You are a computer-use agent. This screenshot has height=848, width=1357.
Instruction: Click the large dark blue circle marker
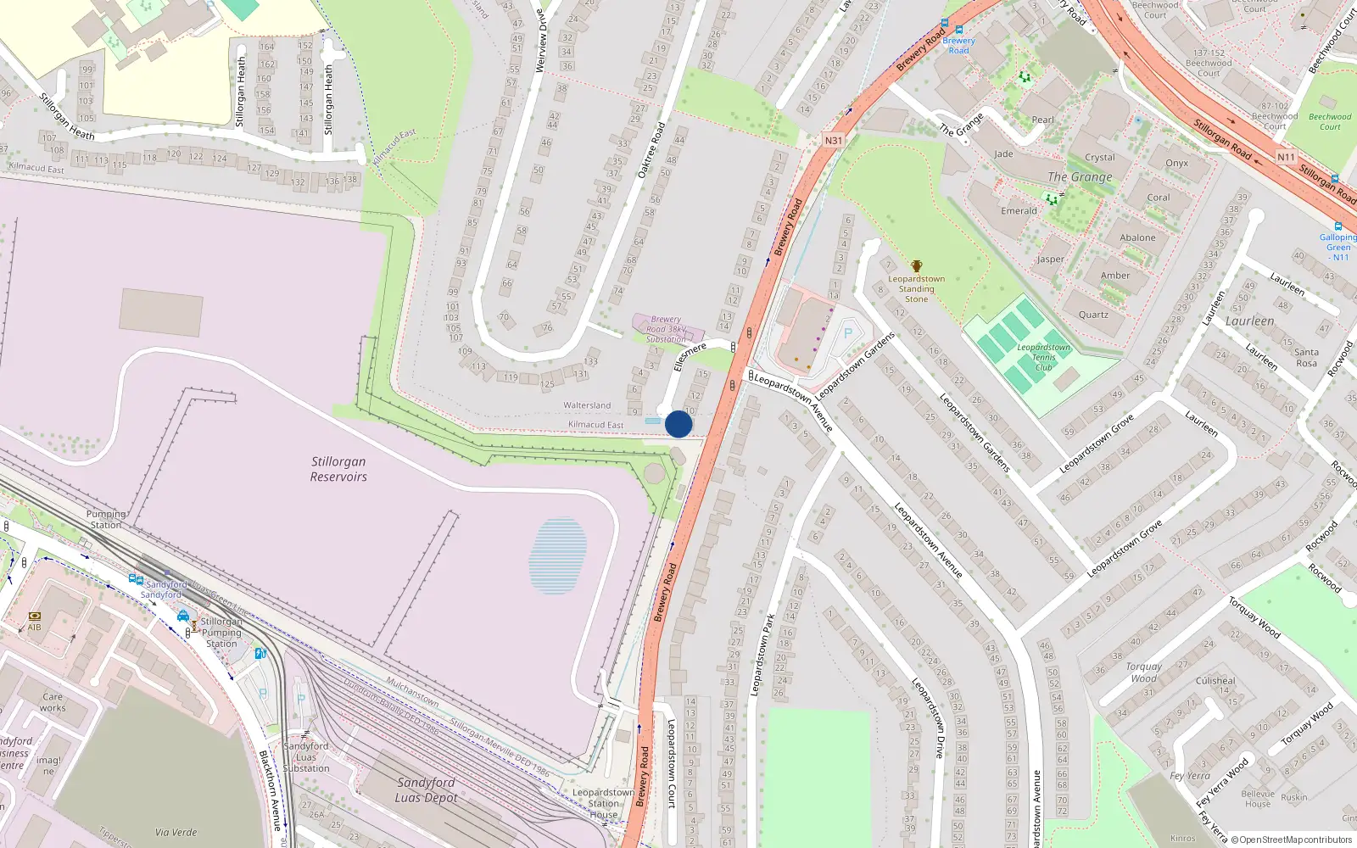tap(678, 424)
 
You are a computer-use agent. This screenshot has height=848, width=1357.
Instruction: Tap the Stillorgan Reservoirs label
tap(338, 469)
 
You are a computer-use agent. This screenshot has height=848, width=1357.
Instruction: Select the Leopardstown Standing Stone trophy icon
tap(916, 266)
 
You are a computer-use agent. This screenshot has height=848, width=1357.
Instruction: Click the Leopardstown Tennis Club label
tap(1043, 357)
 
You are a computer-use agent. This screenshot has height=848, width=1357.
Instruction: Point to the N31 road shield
tap(834, 141)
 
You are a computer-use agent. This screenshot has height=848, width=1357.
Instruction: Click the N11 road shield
tap(1286, 157)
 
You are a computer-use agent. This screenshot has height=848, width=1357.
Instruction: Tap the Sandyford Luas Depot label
tap(426, 789)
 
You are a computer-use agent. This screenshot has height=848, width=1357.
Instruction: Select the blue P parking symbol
tap(847, 333)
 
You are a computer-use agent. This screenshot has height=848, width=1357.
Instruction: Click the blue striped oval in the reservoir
tap(557, 555)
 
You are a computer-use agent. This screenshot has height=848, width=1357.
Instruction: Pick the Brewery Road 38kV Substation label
tap(666, 329)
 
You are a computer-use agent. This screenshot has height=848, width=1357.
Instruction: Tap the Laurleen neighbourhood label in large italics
tap(1249, 321)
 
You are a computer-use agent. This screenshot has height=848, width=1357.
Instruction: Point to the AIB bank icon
tap(35, 616)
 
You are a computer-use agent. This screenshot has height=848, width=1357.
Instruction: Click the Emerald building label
tap(1019, 211)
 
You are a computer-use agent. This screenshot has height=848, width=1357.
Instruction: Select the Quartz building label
tap(1093, 315)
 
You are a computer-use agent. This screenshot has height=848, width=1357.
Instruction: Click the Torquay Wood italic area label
tap(1144, 672)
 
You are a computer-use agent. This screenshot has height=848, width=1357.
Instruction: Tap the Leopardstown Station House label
tap(603, 803)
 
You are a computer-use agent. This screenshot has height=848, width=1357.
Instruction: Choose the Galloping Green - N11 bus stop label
tap(1338, 247)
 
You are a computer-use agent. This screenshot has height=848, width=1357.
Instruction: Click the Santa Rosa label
tap(1306, 358)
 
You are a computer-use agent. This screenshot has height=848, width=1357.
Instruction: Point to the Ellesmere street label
tap(690, 356)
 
